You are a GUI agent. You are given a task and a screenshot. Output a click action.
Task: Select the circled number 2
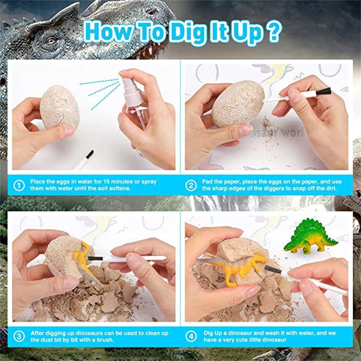pos(191,185)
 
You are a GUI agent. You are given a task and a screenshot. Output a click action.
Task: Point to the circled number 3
pos(19,336)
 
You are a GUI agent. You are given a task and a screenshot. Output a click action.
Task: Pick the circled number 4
pos(191,336)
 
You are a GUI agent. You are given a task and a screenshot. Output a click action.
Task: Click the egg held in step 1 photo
pos(60,107)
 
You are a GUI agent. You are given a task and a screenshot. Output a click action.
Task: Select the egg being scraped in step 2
pos(238,104)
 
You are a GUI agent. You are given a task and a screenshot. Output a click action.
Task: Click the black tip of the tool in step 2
pos(323,91)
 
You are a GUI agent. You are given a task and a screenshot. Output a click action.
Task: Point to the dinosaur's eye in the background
pos(51,41)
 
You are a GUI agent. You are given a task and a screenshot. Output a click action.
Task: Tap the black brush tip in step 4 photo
pos(273,269)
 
